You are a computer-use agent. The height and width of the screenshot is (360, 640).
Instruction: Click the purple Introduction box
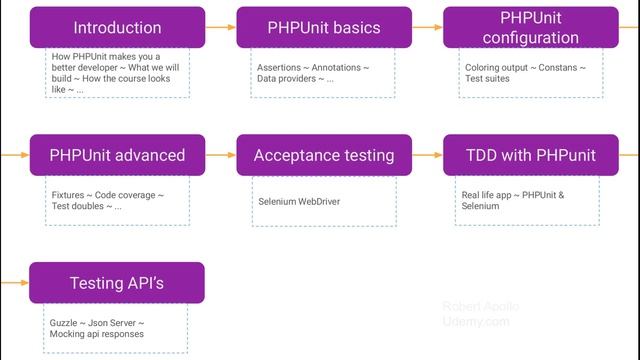(x=117, y=28)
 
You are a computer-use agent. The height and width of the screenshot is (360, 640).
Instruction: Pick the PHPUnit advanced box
(x=117, y=155)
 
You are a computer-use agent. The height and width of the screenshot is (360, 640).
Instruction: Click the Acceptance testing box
(x=324, y=155)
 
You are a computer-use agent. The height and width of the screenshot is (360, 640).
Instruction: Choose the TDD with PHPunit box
(x=530, y=155)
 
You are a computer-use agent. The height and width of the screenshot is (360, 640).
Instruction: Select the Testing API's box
(x=117, y=283)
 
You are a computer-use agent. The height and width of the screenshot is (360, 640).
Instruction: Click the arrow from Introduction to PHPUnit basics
(x=221, y=28)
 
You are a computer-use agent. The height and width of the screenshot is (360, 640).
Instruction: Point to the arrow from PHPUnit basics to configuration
(x=427, y=28)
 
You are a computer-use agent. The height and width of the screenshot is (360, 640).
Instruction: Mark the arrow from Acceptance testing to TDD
(x=427, y=155)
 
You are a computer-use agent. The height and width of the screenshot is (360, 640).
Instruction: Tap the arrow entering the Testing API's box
(x=15, y=283)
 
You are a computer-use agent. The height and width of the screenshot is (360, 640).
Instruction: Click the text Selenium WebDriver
(x=299, y=201)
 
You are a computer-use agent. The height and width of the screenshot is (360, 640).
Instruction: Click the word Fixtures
(x=68, y=195)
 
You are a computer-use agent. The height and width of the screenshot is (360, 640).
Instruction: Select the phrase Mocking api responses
(x=96, y=334)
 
